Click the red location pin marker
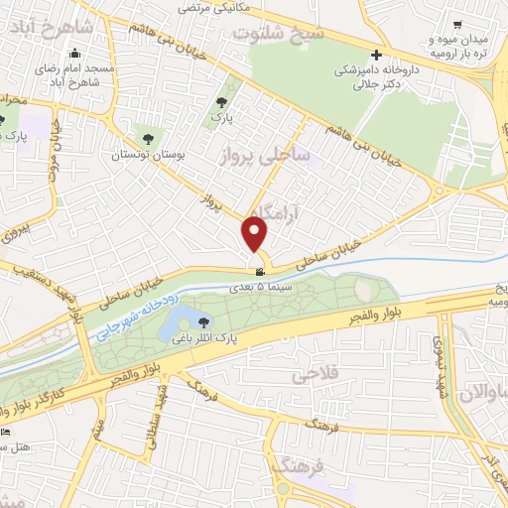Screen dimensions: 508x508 coord(256,234)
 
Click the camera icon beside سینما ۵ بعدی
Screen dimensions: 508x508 coord(259,272)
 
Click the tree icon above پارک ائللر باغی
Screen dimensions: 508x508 coord(204,321)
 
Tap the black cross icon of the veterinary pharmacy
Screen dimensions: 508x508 coord(375,55)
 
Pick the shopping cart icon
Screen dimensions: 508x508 coord(456,25)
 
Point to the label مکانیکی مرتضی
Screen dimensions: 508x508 coord(212,7)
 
